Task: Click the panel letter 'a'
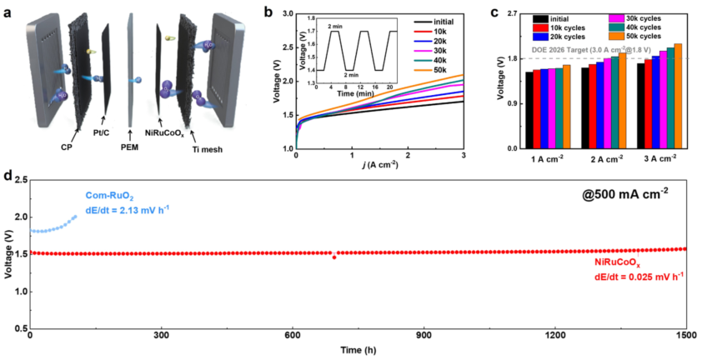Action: tap(8, 11)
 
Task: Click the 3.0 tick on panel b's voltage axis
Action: tap(285, 12)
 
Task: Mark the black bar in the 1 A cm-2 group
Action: tap(529, 109)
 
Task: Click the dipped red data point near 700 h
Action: tap(334, 257)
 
